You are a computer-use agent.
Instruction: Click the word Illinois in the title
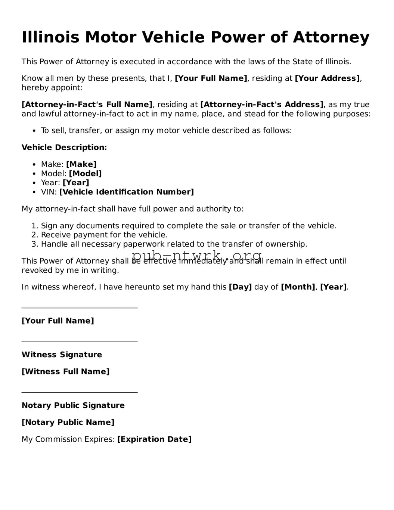click(x=50, y=37)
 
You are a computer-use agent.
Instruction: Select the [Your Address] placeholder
click(x=327, y=78)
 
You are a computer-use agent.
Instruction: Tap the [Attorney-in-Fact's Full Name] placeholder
click(x=87, y=105)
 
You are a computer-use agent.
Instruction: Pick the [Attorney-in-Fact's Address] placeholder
click(x=262, y=105)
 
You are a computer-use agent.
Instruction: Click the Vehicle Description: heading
click(x=64, y=148)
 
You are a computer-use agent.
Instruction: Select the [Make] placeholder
click(x=81, y=164)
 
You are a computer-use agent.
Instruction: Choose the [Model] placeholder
click(x=85, y=174)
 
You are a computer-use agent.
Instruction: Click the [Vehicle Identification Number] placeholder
click(x=127, y=192)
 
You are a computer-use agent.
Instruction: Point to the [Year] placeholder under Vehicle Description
click(x=76, y=183)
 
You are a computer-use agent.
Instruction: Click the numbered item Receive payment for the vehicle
click(x=104, y=235)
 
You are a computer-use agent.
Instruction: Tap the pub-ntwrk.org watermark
click(x=197, y=256)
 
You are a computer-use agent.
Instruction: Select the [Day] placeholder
click(x=240, y=287)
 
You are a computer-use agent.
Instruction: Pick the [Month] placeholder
click(x=298, y=287)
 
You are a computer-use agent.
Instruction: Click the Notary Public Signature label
click(x=73, y=405)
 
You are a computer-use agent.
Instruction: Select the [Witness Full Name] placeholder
click(x=66, y=372)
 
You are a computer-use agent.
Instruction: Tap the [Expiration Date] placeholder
click(x=154, y=439)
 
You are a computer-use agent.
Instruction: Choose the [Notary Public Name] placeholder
click(x=68, y=423)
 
